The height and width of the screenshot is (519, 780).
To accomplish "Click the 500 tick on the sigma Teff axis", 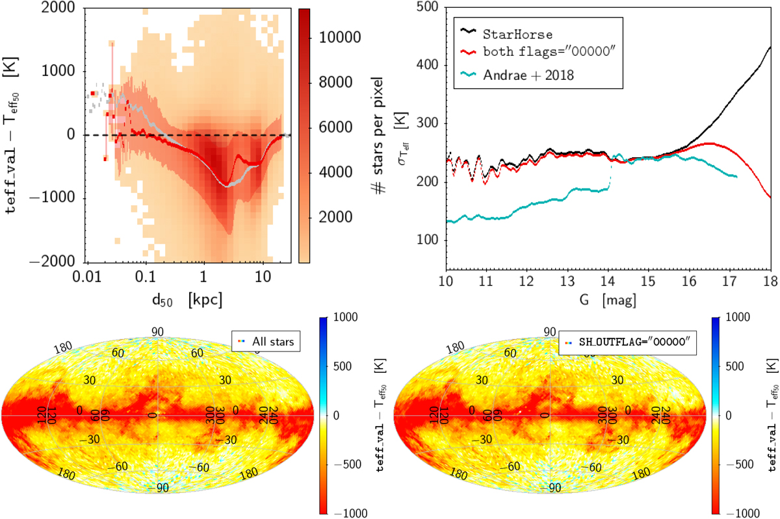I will coord(430,7).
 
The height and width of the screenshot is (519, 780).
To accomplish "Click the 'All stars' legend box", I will coord(266,340).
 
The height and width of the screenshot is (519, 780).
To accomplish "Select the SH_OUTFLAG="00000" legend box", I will coord(628,340).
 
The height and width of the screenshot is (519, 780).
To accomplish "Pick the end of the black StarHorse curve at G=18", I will coord(771,47).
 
